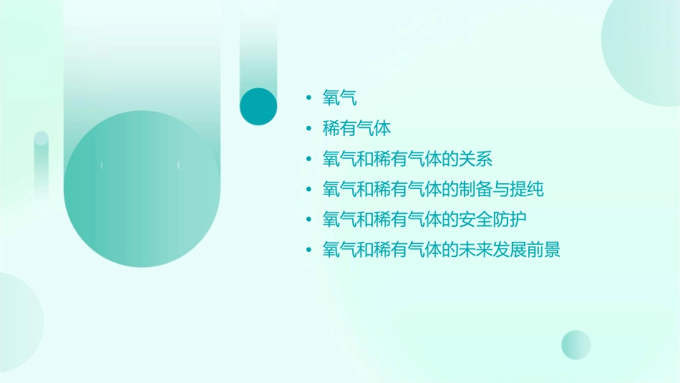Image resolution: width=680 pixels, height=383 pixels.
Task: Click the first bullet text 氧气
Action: (x=339, y=98)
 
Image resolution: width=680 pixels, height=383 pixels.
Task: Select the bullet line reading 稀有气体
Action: (x=356, y=129)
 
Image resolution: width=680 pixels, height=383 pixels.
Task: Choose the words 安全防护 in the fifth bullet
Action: (x=492, y=220)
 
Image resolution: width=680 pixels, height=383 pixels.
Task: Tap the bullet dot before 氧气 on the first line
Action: (x=308, y=99)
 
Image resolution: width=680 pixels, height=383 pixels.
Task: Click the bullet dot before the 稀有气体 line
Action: (x=308, y=129)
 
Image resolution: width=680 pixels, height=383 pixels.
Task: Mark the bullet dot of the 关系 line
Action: (x=308, y=159)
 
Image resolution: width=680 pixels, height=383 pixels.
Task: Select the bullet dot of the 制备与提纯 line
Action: (x=308, y=190)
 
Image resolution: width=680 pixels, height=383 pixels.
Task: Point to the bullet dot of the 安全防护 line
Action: (x=308, y=220)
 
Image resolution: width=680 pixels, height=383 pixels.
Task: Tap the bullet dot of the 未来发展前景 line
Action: (x=308, y=250)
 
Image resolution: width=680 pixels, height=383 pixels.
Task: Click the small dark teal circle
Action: (x=258, y=106)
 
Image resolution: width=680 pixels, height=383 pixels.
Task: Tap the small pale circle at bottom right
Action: (x=576, y=344)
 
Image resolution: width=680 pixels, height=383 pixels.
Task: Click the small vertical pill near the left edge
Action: (x=42, y=161)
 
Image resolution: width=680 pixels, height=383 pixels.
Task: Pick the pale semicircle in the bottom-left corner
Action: (x=18, y=322)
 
